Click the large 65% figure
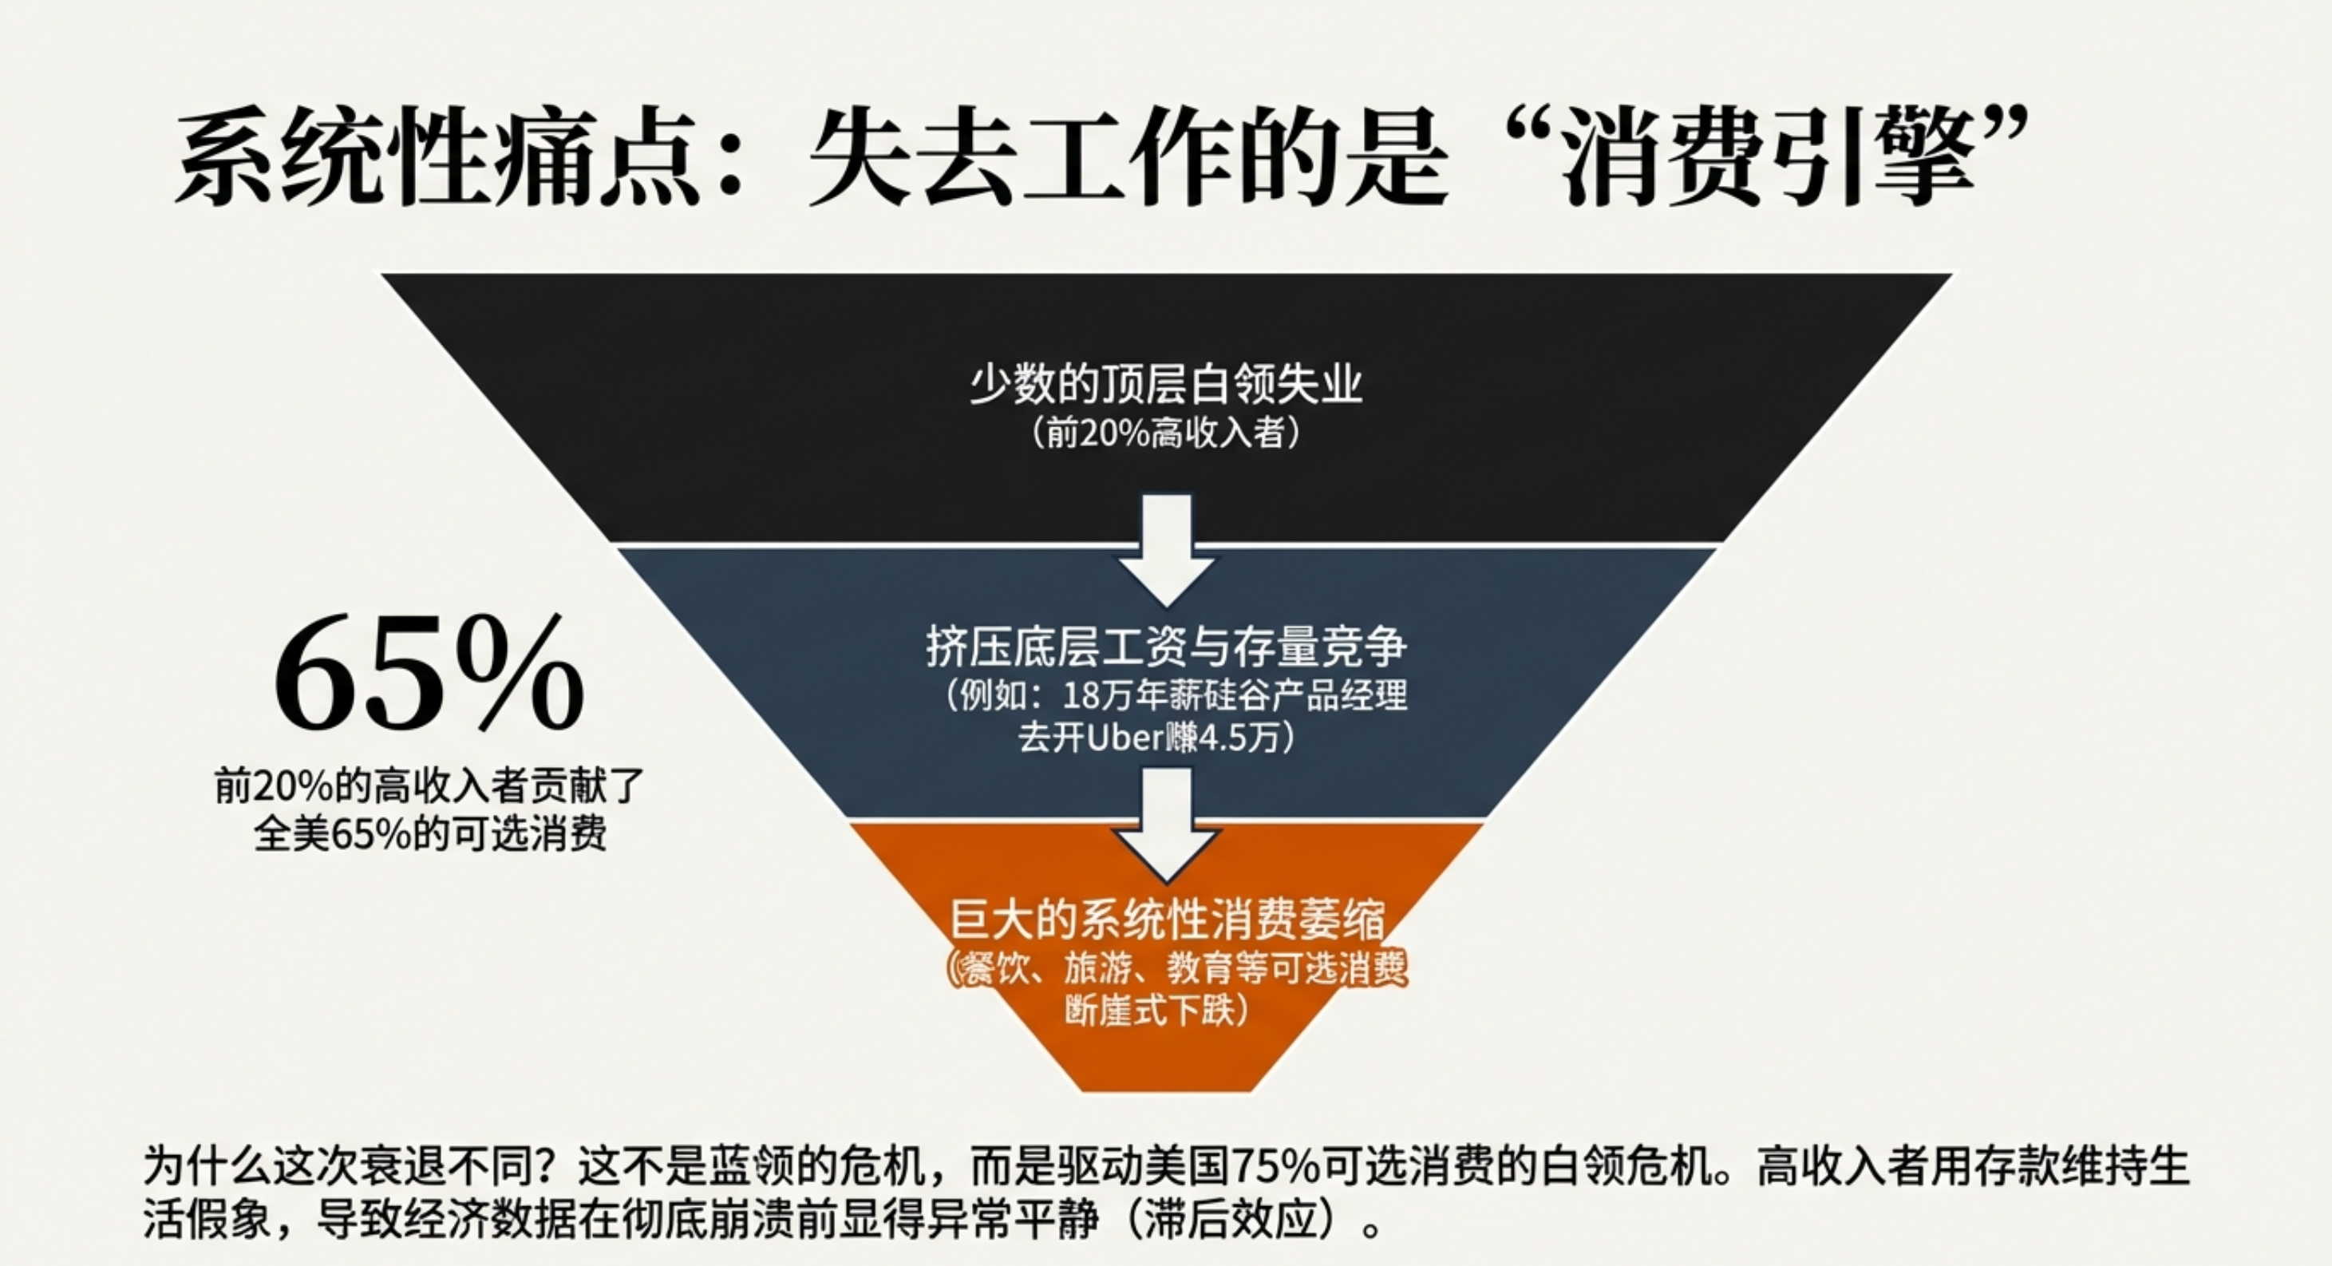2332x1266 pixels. (x=429, y=675)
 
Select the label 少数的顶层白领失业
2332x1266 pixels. (x=1166, y=385)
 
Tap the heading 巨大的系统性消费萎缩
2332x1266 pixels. (x=1166, y=921)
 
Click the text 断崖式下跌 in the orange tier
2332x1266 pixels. (x=1150, y=1011)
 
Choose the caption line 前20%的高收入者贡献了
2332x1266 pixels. (x=429, y=787)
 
